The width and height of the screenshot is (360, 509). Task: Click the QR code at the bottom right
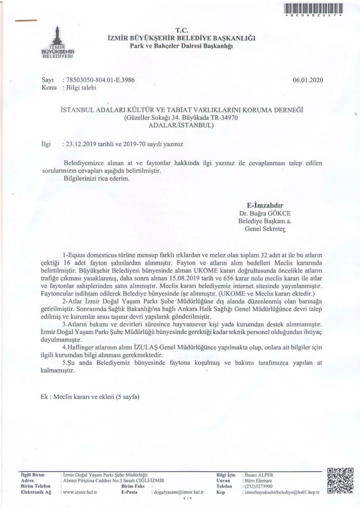point(340,480)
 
